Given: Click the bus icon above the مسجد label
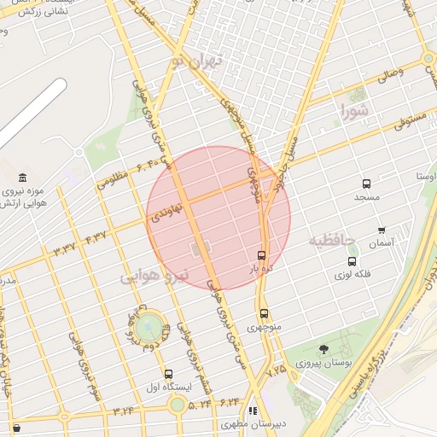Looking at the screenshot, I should [x=367, y=184].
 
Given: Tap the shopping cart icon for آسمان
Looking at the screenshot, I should [x=381, y=230].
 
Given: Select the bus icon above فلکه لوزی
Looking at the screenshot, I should [x=353, y=262].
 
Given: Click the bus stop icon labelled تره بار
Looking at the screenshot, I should [x=261, y=255].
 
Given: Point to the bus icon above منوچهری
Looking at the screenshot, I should [x=264, y=313].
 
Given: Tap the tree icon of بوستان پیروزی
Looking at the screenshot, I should [x=323, y=349].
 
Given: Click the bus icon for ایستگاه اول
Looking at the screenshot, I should [x=168, y=374].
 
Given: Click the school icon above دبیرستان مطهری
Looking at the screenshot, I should [x=252, y=411].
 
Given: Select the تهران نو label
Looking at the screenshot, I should [x=196, y=61].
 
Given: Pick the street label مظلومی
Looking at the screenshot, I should [x=113, y=180].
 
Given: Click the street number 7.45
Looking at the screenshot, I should [x=276, y=371].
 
